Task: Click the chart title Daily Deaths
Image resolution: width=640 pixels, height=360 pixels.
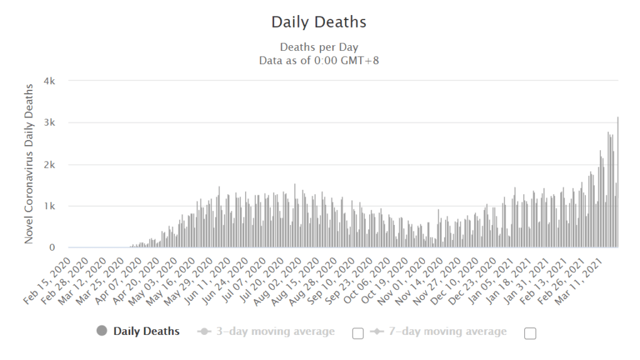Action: [x=319, y=22]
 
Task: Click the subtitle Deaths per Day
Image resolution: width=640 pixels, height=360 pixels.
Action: [x=319, y=47]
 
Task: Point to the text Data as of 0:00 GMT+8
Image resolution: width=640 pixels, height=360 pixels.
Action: [x=319, y=60]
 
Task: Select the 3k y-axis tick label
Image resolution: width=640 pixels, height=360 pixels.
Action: [x=50, y=123]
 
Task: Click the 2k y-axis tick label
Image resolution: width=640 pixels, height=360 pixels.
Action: [x=50, y=165]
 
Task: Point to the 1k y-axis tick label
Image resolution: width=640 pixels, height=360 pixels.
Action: [x=50, y=206]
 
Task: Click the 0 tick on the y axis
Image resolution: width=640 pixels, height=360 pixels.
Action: [x=53, y=248]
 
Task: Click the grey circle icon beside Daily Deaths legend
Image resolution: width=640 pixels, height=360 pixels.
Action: [x=102, y=331]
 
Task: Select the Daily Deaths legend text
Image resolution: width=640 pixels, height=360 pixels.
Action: [x=146, y=331]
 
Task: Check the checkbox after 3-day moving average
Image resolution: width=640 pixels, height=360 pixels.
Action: [x=358, y=334]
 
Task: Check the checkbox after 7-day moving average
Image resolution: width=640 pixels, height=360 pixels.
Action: [x=530, y=334]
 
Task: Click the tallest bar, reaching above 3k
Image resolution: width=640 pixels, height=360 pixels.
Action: [x=618, y=182]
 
